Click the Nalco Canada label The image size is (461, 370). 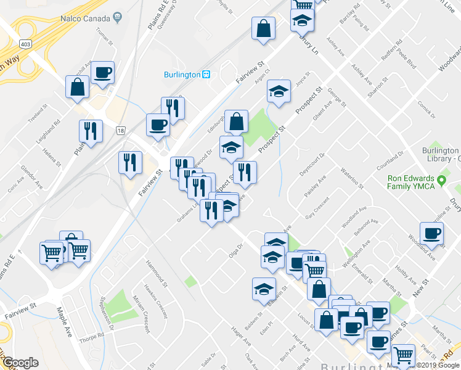point(84,19)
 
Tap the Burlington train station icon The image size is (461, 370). point(206,75)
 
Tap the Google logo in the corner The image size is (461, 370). point(20,363)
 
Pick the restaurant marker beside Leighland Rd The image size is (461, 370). point(91,131)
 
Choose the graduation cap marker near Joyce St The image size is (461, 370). point(279,92)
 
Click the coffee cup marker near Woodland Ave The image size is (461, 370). point(431,234)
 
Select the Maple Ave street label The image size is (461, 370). point(65,317)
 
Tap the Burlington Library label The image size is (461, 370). point(440,155)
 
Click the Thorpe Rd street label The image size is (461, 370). point(91,338)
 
